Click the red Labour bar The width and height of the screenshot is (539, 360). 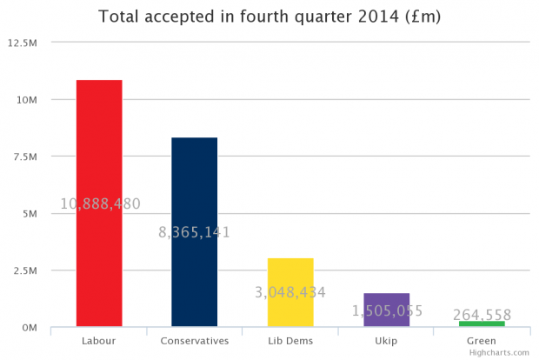[99, 139]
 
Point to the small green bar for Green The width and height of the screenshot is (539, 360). [482, 323]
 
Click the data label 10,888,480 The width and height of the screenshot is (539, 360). [100, 204]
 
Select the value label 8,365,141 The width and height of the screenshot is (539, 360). [195, 232]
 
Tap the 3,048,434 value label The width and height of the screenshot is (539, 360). [289, 292]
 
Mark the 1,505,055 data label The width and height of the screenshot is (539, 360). [386, 310]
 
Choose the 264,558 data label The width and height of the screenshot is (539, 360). [482, 315]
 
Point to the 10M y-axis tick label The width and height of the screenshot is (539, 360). [29, 99]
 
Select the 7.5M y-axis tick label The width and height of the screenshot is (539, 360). [27, 157]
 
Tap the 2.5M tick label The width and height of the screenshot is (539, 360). [27, 270]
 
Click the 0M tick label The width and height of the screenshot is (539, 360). [30, 327]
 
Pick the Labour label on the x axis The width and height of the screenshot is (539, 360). [99, 341]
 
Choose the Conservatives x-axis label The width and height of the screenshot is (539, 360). [195, 341]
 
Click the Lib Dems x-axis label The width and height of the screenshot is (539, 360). [289, 341]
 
